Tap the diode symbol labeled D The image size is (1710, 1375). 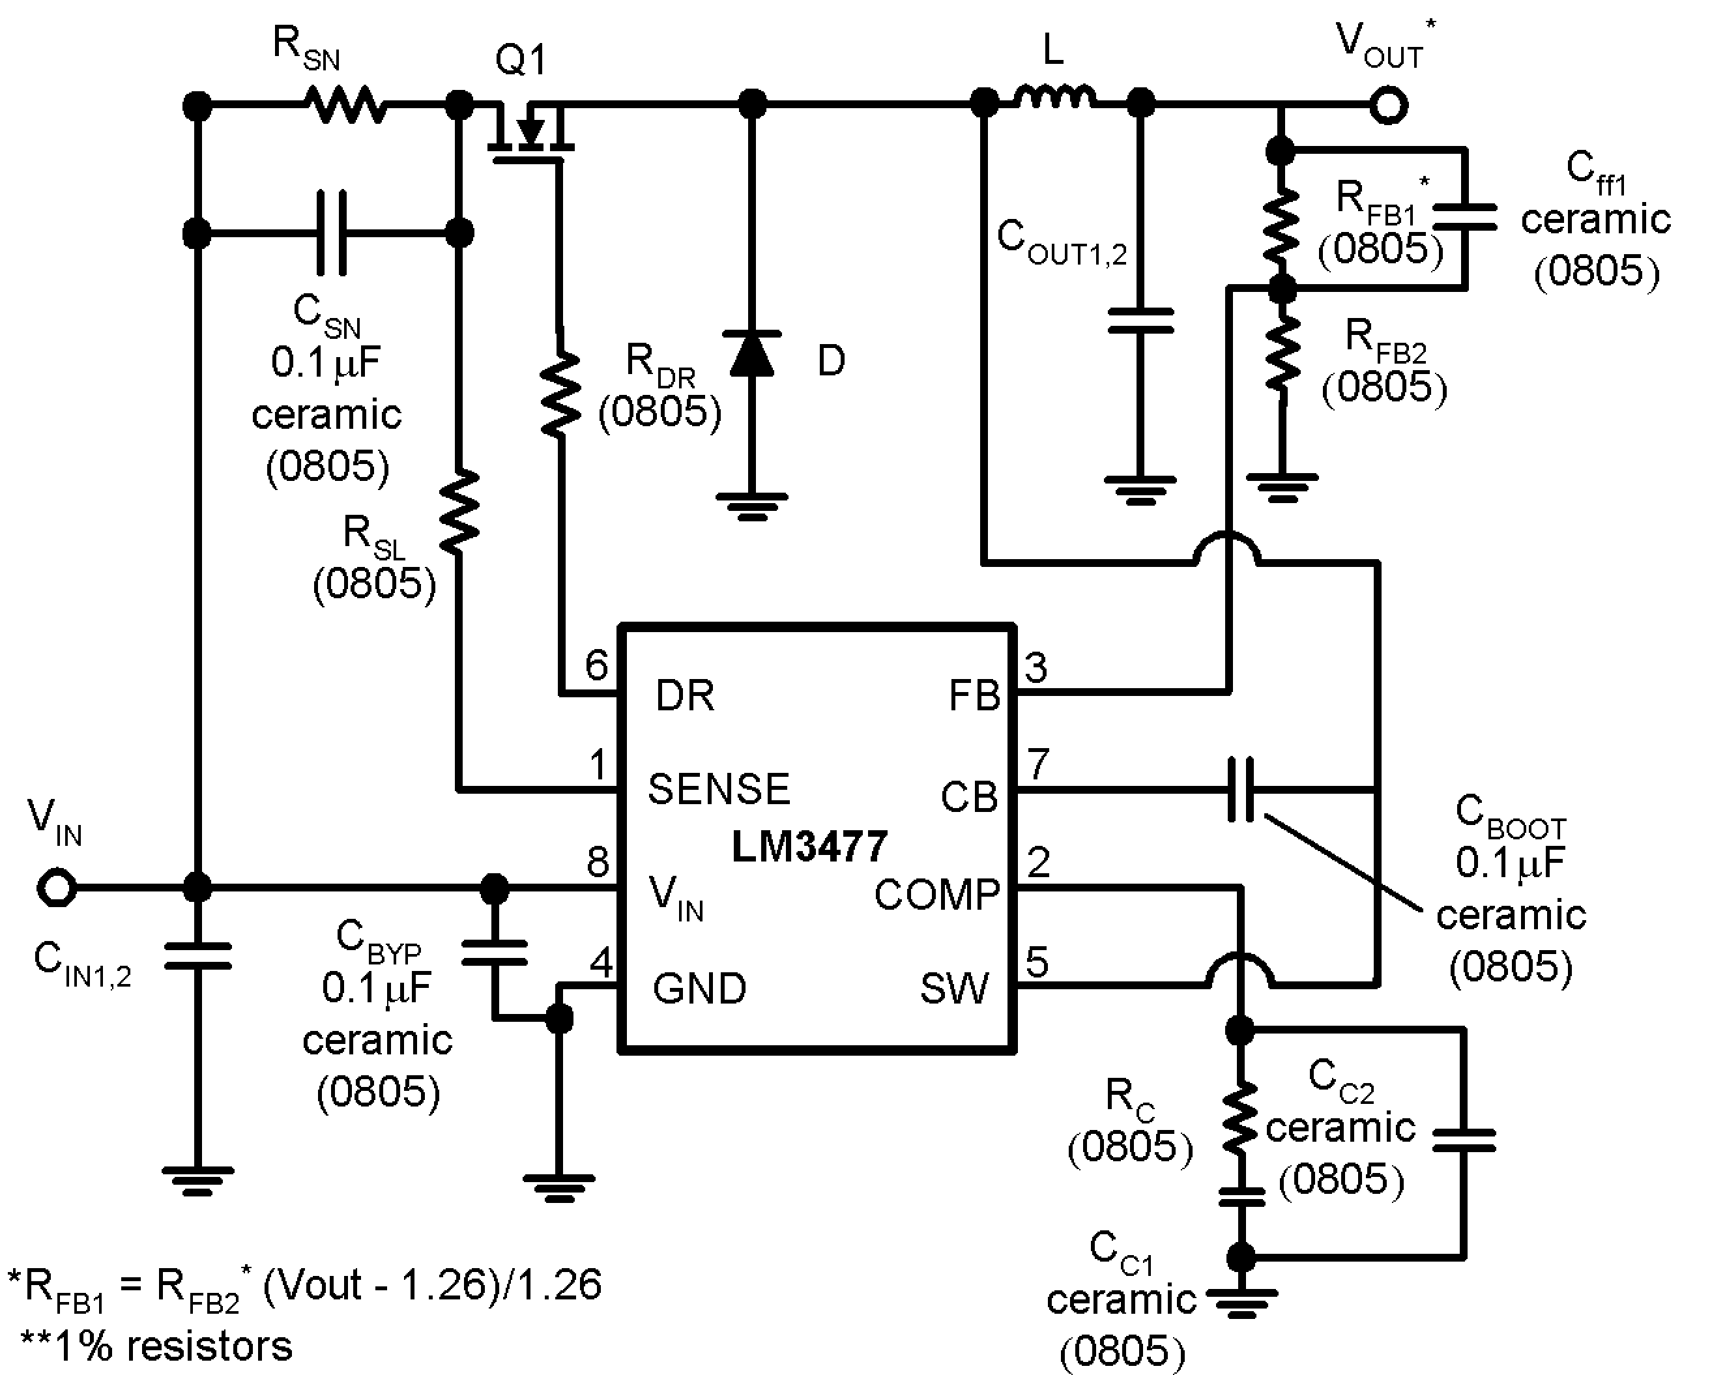(x=752, y=355)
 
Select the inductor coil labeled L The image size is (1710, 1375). (x=1055, y=98)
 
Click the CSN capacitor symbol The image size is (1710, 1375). (x=332, y=233)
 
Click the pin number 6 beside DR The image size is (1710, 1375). (x=596, y=665)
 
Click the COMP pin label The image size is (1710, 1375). (x=936, y=895)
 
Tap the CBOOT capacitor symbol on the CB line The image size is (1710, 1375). (x=1241, y=789)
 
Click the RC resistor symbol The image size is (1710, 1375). (x=1239, y=1118)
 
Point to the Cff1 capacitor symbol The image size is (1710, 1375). (x=1464, y=217)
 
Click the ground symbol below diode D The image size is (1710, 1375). (x=752, y=505)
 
